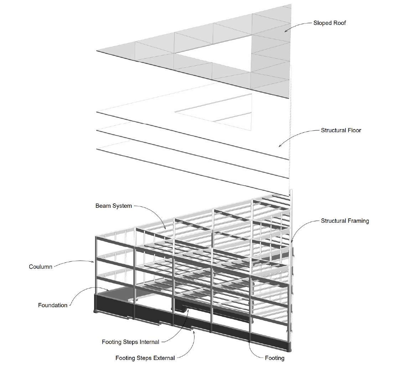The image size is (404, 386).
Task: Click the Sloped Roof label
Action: [330, 23]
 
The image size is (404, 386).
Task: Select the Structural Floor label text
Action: [341, 130]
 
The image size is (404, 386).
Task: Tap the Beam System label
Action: [114, 206]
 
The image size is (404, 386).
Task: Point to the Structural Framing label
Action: [345, 221]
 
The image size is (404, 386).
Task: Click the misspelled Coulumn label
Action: [41, 267]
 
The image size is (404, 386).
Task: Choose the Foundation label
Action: [53, 305]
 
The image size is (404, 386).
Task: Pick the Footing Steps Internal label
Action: [130, 342]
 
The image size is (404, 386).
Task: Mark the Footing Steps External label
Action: [145, 358]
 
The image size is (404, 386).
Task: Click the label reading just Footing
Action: [275, 358]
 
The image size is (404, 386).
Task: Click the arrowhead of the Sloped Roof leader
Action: [285, 31]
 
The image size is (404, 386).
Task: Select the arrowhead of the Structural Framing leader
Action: [292, 242]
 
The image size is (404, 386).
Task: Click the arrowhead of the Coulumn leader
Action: [94, 263]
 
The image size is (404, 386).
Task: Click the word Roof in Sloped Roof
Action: [339, 23]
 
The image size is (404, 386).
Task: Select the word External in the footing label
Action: [163, 358]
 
